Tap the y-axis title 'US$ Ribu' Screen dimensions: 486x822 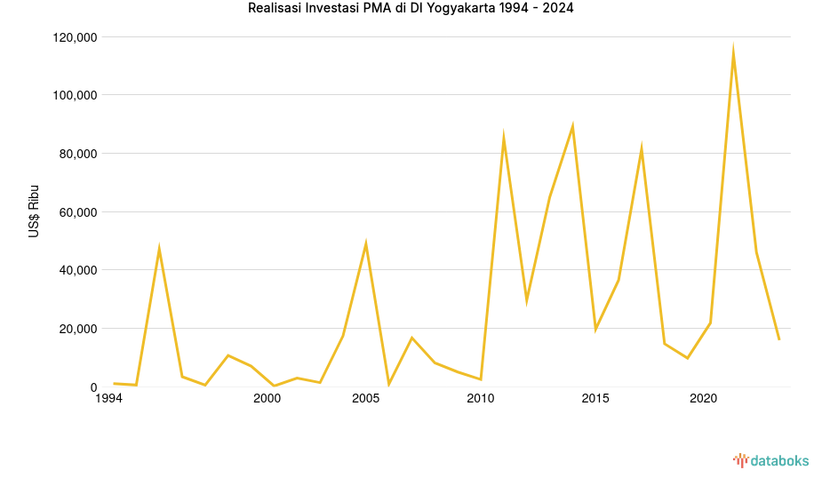tap(34, 212)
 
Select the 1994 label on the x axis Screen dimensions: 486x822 tap(108, 399)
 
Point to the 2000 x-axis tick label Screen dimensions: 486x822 tap(267, 399)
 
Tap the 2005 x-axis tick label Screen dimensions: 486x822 tap(366, 399)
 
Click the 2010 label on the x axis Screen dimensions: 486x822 tap(480, 399)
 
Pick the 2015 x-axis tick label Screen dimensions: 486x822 tap(595, 399)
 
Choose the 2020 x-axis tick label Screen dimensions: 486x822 tap(704, 399)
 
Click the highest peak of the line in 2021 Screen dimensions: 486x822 tap(733, 51)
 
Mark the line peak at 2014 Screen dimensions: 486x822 tap(572, 126)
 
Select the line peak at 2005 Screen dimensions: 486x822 tap(365, 243)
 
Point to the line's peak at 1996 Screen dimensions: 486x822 tap(159, 249)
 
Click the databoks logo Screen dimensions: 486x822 tap(770, 460)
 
